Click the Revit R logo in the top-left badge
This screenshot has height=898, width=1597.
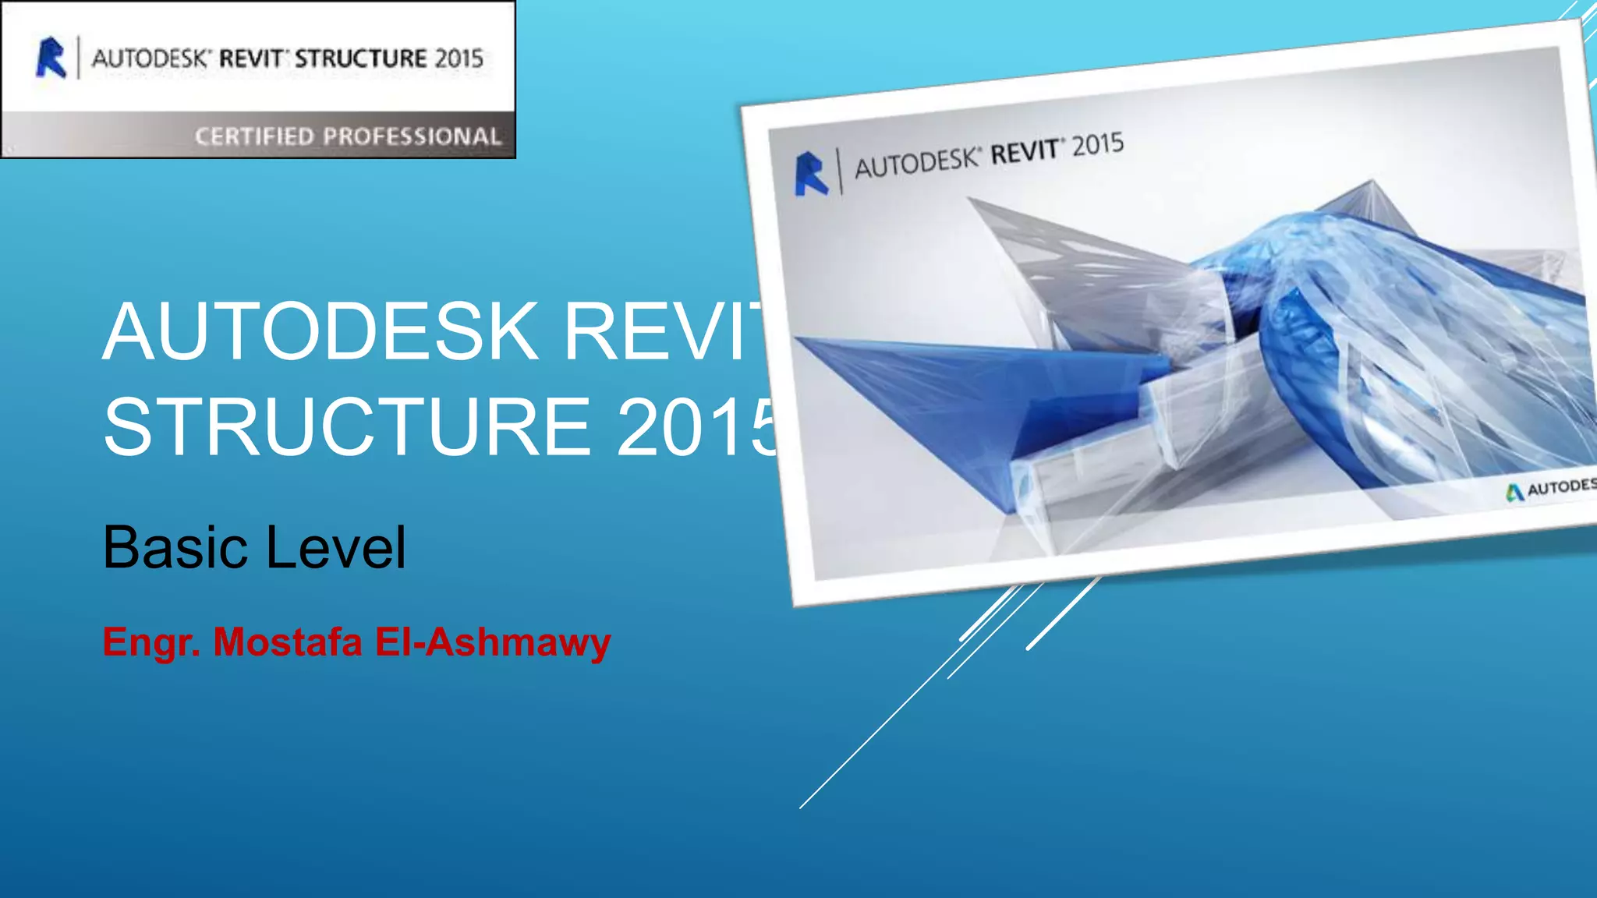(x=51, y=58)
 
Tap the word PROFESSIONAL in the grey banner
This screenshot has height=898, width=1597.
(x=412, y=136)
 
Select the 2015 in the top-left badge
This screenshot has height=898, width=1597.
(x=459, y=58)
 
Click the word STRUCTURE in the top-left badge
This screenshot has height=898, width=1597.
(x=360, y=58)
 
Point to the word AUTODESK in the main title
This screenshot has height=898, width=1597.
(x=320, y=331)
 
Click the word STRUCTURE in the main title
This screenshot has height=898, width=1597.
(x=347, y=426)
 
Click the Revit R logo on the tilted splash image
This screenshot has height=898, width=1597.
(x=811, y=173)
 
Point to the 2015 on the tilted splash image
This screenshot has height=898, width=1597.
(x=1097, y=145)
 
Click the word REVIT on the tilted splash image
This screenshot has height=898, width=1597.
(x=1025, y=152)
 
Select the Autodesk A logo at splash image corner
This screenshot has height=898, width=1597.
(x=1514, y=493)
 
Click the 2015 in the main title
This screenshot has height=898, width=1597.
(x=698, y=426)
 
